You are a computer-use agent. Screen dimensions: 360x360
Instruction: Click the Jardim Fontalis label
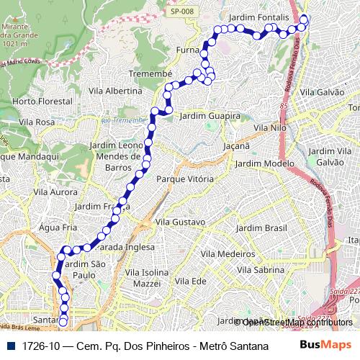point(258,16)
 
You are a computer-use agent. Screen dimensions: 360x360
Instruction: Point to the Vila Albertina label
point(114,91)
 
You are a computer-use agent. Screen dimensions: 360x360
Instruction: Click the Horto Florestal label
point(42,102)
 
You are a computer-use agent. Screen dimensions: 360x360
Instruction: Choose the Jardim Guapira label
point(210,115)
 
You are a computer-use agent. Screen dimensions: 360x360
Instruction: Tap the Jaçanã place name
point(236,145)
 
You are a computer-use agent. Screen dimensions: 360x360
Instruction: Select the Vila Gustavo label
point(180,222)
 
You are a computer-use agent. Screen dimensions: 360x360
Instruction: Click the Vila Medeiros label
point(228,254)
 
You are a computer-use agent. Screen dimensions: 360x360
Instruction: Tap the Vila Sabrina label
point(261,270)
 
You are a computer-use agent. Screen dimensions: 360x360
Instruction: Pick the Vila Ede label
point(190,281)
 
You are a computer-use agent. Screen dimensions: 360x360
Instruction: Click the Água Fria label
point(58,227)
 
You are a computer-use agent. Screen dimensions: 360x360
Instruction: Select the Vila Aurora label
point(55,192)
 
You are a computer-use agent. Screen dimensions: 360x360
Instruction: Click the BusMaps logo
point(326,345)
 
